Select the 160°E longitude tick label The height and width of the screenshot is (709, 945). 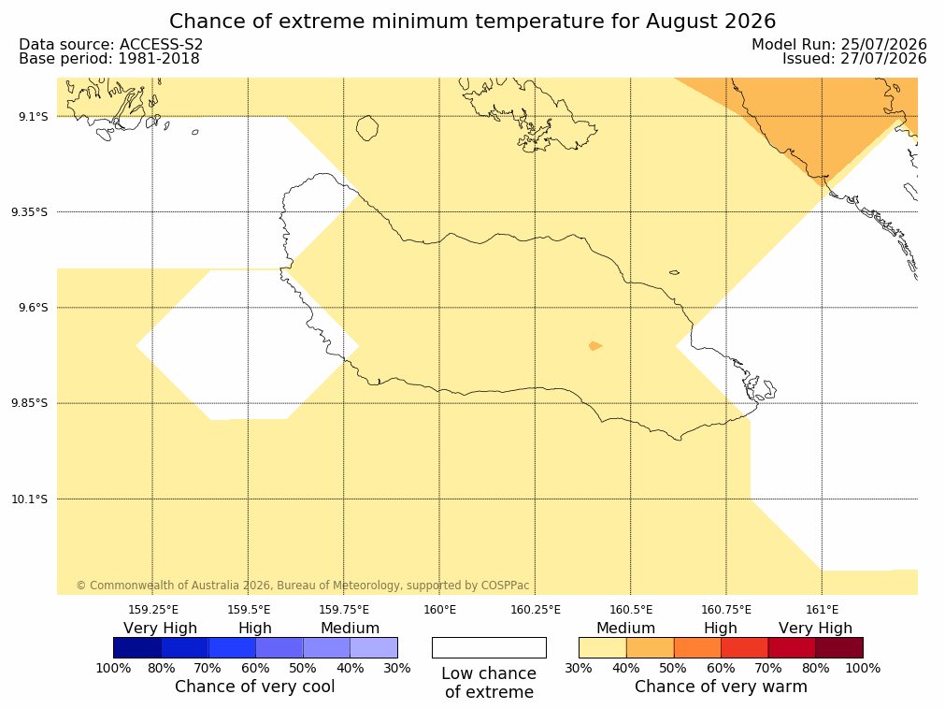(x=440, y=610)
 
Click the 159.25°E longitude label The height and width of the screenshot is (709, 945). (x=153, y=610)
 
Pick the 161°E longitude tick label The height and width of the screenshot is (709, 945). (x=822, y=610)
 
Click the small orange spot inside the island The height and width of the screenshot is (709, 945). (x=594, y=346)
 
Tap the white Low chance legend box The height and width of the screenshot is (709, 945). (x=489, y=648)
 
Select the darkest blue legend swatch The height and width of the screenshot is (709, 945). (x=137, y=648)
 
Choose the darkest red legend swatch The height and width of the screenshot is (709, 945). (x=839, y=648)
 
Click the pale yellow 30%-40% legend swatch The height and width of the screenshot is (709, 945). (x=602, y=648)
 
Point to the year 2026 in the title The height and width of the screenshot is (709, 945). (x=751, y=22)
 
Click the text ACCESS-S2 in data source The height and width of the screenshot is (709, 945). (x=161, y=45)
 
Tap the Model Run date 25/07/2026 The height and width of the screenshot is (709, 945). (x=883, y=45)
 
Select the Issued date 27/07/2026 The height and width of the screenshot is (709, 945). (x=883, y=59)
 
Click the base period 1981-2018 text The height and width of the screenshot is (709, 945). (x=159, y=59)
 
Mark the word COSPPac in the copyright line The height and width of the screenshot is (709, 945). (x=505, y=586)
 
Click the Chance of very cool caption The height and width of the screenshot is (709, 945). (x=255, y=687)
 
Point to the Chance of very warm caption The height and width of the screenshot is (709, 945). (x=721, y=687)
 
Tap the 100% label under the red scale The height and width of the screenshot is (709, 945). (x=863, y=668)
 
